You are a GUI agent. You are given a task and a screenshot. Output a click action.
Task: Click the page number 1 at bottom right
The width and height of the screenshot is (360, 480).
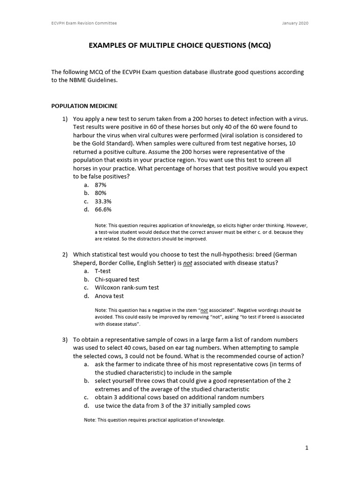(307, 448)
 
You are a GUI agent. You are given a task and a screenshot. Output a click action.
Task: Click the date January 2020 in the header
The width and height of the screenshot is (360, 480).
(296, 23)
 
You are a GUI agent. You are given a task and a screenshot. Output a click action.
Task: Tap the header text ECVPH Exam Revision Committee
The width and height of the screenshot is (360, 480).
(84, 23)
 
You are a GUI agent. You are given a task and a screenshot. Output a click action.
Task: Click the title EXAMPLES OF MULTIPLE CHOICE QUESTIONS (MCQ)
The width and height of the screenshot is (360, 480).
(180, 46)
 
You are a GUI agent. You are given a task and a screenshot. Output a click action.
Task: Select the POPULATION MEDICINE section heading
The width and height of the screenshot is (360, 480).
(84, 106)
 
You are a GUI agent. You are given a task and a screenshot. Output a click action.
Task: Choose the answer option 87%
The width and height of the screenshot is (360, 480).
(100, 185)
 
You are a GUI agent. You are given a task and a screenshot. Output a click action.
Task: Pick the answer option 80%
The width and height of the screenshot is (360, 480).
(100, 193)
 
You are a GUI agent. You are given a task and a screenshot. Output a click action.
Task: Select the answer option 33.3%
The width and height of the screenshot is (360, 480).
(103, 201)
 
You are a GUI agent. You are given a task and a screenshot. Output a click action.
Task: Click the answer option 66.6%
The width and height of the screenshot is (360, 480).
(103, 210)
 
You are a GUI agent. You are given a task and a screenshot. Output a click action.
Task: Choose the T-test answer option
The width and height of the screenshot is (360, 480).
(103, 271)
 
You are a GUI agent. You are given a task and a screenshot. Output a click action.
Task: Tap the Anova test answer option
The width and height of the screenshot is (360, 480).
(109, 296)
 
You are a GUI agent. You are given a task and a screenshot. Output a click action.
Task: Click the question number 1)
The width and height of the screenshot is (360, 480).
(66, 119)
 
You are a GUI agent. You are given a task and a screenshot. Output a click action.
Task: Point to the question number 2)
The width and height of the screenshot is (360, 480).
(66, 255)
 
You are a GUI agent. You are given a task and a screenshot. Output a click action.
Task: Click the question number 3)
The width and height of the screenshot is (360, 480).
(66, 339)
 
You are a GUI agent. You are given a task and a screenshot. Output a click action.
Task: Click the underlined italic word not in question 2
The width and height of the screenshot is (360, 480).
(187, 263)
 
